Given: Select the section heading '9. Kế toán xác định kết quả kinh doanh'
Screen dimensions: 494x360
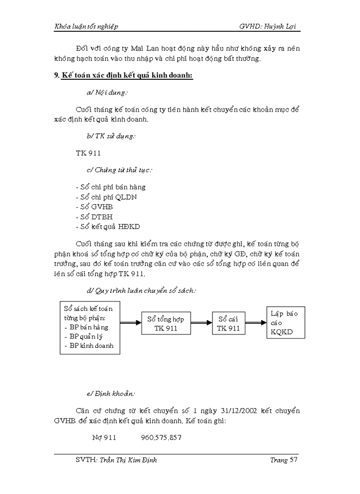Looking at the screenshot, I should click(123, 76).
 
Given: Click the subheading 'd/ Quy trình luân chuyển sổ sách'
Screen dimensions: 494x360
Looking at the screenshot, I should click(141, 290).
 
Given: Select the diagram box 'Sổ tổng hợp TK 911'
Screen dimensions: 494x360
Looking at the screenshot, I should click(166, 324).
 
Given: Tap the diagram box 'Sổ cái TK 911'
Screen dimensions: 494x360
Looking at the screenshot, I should click(228, 323).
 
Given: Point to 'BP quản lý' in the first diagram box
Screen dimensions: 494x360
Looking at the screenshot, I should click(86, 336).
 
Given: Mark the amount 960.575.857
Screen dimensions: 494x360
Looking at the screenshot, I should click(161, 438).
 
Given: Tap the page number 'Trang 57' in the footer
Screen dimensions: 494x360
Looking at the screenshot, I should click(284, 460).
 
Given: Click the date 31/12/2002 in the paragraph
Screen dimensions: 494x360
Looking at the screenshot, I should click(240, 411).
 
